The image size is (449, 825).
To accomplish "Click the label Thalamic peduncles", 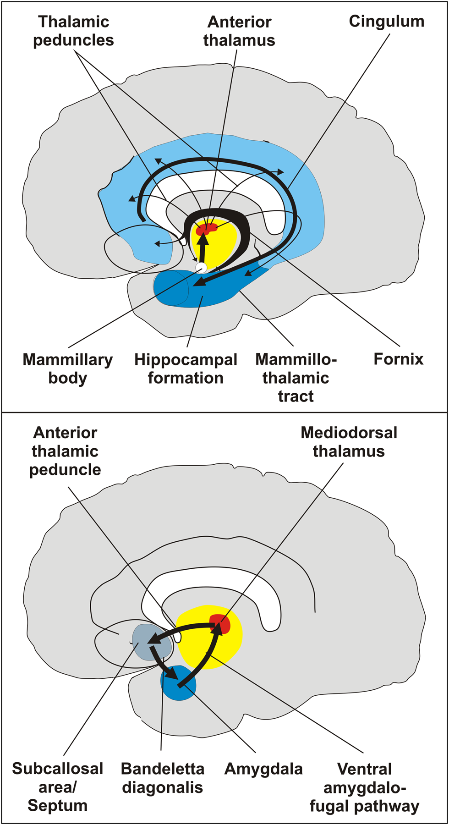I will (73, 31).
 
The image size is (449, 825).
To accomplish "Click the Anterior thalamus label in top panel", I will (239, 31).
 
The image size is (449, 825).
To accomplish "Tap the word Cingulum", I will (386, 21).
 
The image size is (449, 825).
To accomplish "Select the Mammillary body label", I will (67, 368).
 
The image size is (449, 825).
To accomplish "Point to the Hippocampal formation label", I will (186, 368).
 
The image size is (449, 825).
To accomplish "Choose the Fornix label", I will (398, 359).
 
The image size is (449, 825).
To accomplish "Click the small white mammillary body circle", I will (201, 267).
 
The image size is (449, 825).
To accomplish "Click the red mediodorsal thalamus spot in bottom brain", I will (220, 623).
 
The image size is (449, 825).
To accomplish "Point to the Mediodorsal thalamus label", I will (349, 442).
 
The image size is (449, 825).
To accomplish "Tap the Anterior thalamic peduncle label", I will (65, 451).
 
